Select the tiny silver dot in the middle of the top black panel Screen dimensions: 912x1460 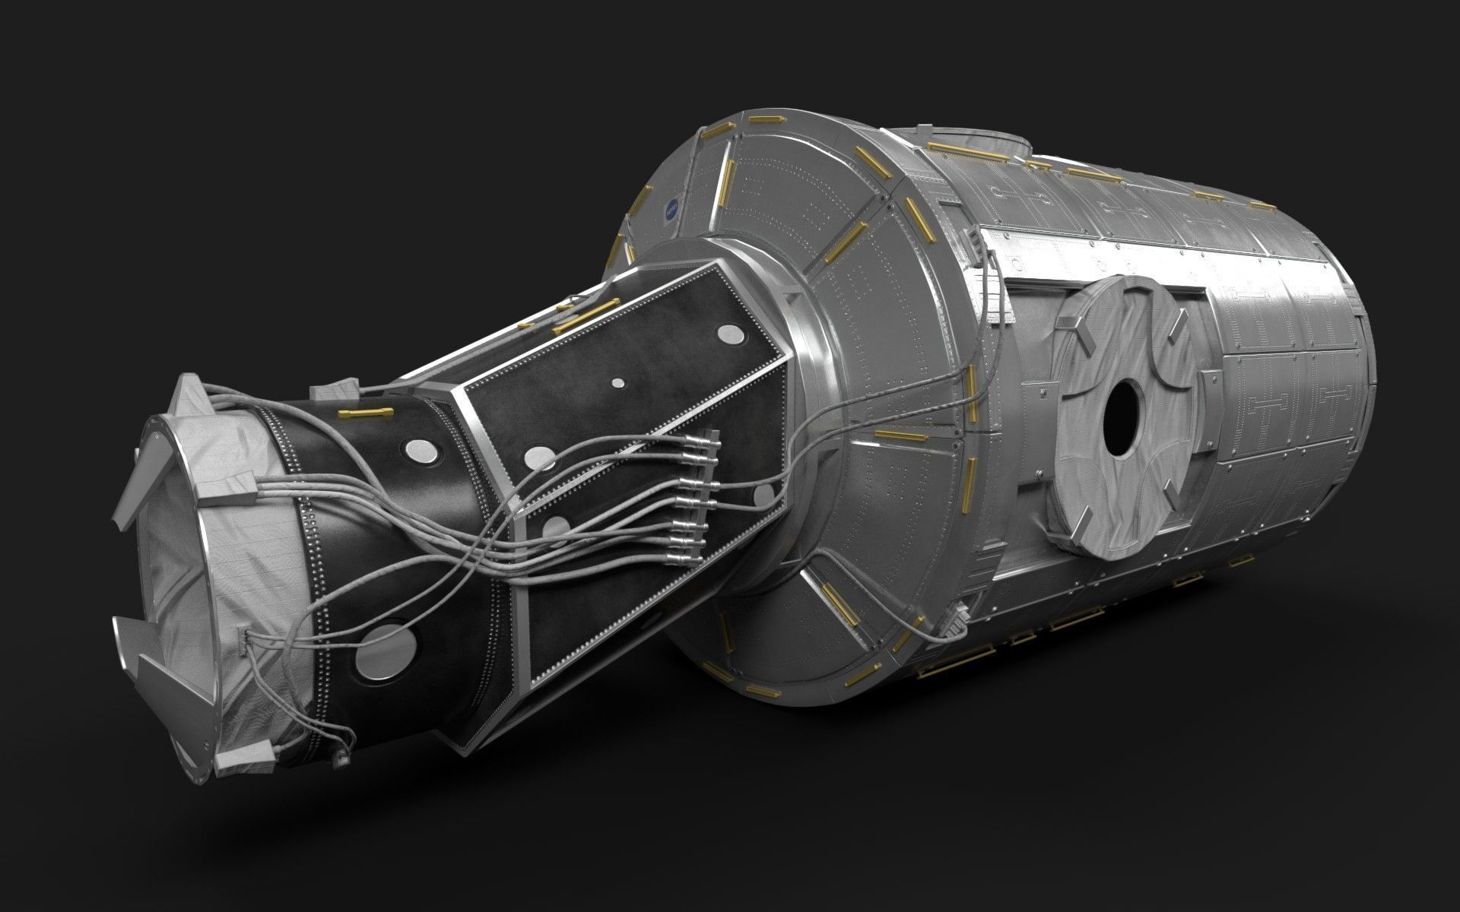point(618,382)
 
